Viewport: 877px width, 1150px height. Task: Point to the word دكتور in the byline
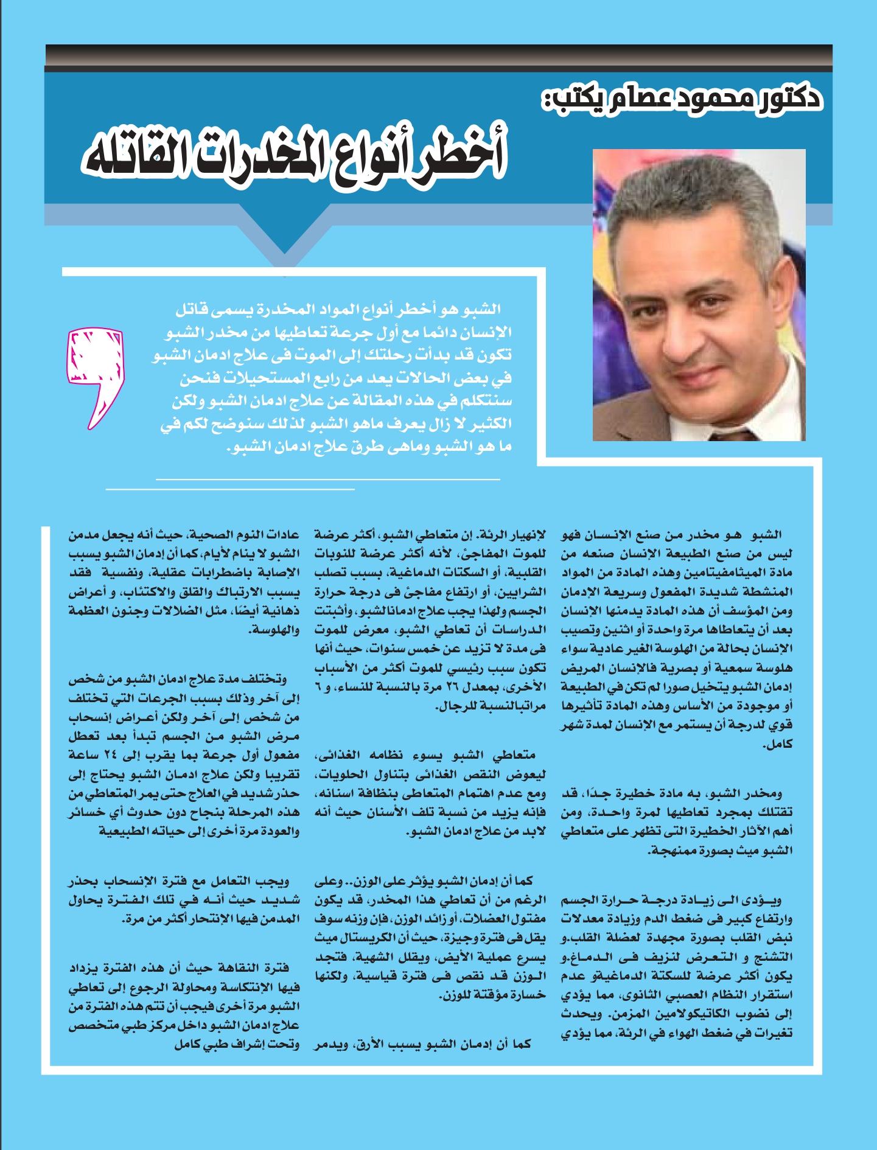coord(791,98)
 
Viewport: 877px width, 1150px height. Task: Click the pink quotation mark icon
coord(95,375)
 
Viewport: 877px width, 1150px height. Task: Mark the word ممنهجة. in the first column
coord(672,850)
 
